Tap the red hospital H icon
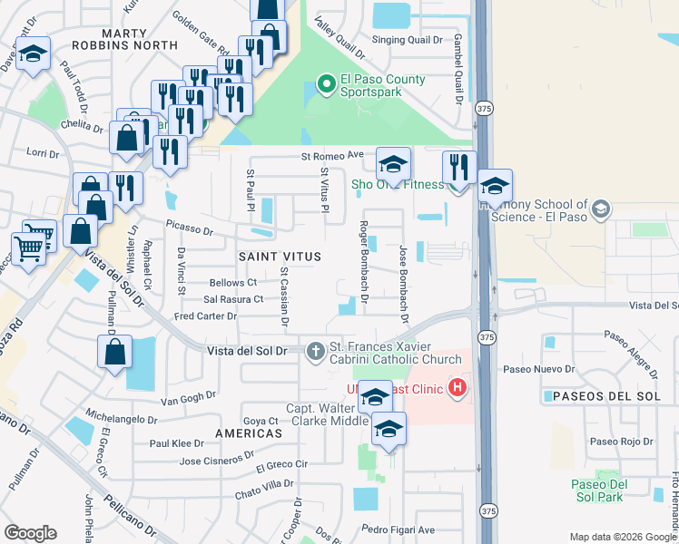coord(458,390)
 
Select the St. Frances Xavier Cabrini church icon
coord(315,351)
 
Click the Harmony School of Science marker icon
coord(600,211)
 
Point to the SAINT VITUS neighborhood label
coord(280,257)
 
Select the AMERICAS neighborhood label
coord(249,434)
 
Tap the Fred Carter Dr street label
coord(205,316)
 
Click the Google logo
coord(30,533)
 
